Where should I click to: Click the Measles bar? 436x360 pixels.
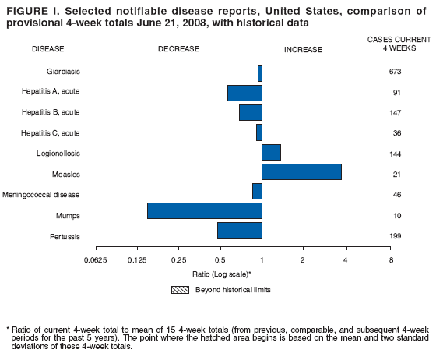point(301,172)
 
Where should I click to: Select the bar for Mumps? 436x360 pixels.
point(204,210)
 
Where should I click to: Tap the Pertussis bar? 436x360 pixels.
point(239,231)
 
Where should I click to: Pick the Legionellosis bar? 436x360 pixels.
point(271,152)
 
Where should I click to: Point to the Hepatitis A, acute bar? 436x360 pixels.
point(244,93)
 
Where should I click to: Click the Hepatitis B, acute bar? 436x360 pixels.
point(250,112)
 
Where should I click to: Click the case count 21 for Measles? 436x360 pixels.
point(396,174)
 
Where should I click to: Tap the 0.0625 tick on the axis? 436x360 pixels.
point(95,259)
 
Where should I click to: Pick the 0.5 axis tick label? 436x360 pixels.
point(220,259)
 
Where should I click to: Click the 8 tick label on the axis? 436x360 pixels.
point(391,259)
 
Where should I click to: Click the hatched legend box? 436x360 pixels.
point(178,289)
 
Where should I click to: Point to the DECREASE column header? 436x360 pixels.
point(178,49)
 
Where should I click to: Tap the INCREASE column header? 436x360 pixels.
point(304,49)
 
